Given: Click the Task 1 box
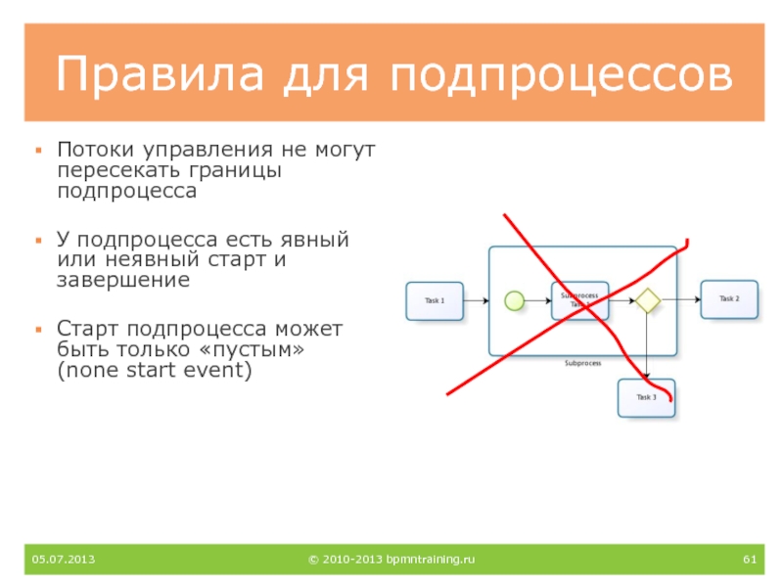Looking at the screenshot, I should coord(435,301).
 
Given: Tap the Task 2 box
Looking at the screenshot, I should coord(729,299).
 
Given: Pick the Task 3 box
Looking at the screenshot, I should coord(646,398).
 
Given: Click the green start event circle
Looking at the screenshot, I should coord(514,301).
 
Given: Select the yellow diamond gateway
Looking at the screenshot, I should coord(646,301).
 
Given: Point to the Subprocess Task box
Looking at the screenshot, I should coord(579,300).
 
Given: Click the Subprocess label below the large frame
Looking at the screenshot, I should coord(582,363).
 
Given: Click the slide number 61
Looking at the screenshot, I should coord(751,560).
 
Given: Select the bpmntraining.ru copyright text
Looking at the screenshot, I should coord(391,560).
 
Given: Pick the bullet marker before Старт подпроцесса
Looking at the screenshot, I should coord(38,328).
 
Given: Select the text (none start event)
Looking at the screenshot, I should coord(155,371).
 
